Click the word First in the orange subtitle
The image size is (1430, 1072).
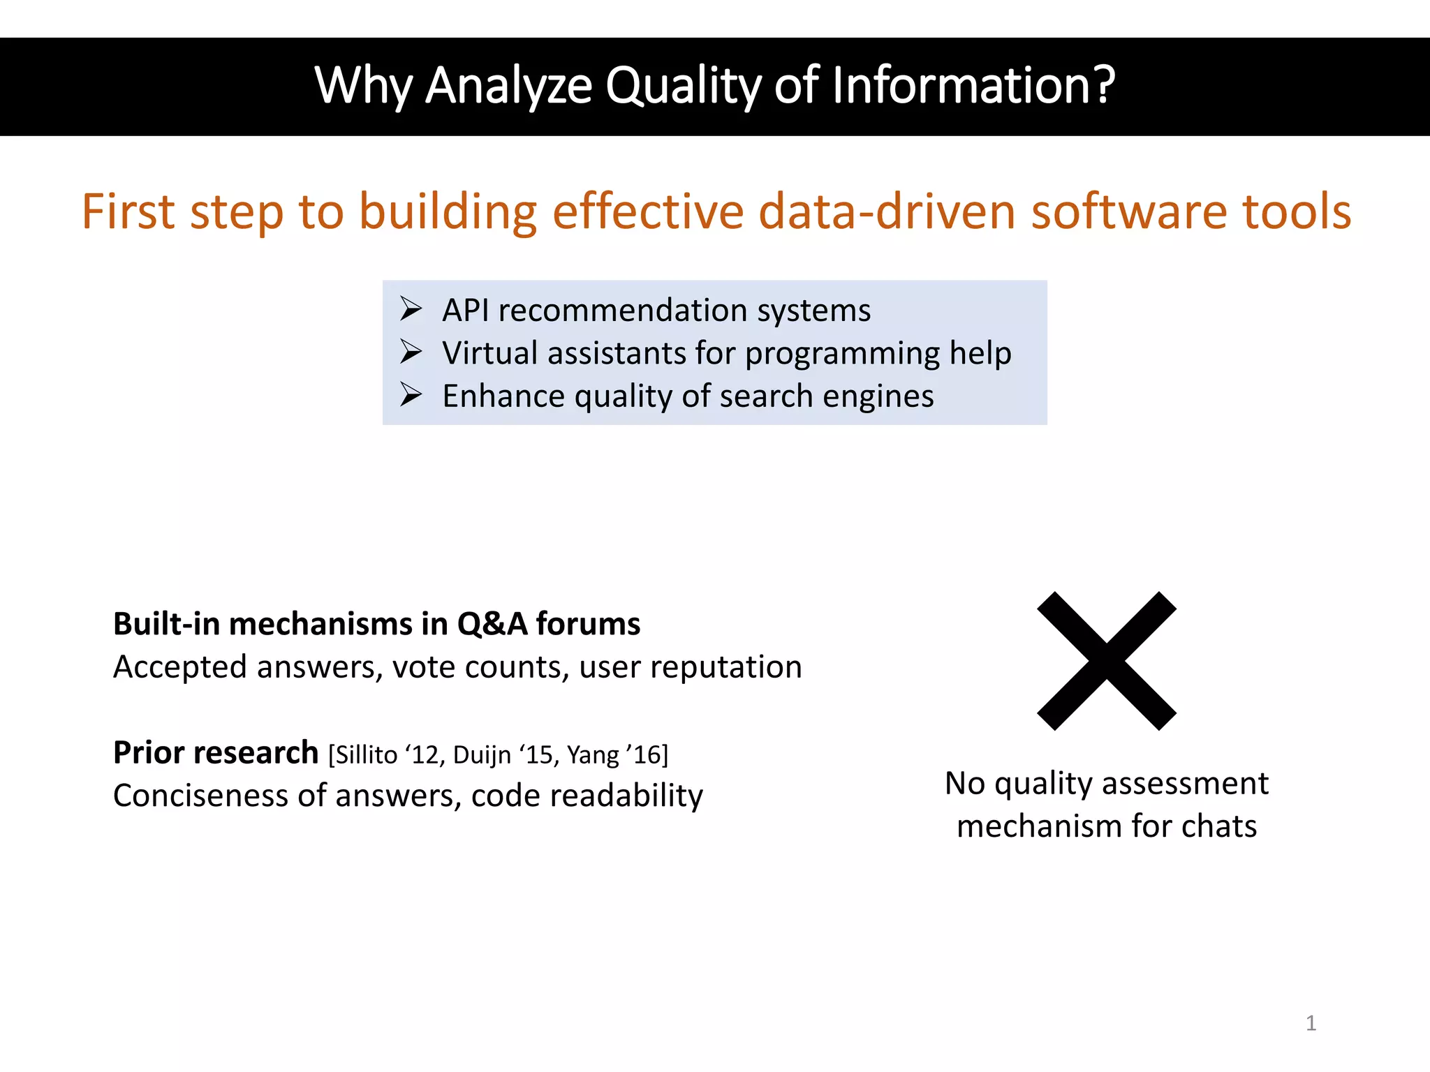point(128,211)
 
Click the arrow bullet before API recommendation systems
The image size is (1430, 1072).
point(411,308)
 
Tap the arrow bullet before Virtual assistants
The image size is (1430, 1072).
point(411,352)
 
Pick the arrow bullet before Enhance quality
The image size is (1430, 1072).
point(411,395)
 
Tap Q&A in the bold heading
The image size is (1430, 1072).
point(492,623)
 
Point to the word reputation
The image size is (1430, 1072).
point(725,667)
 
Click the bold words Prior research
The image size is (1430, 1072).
point(216,752)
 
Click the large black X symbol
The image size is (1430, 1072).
point(1106,661)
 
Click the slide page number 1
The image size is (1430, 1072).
point(1311,1023)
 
